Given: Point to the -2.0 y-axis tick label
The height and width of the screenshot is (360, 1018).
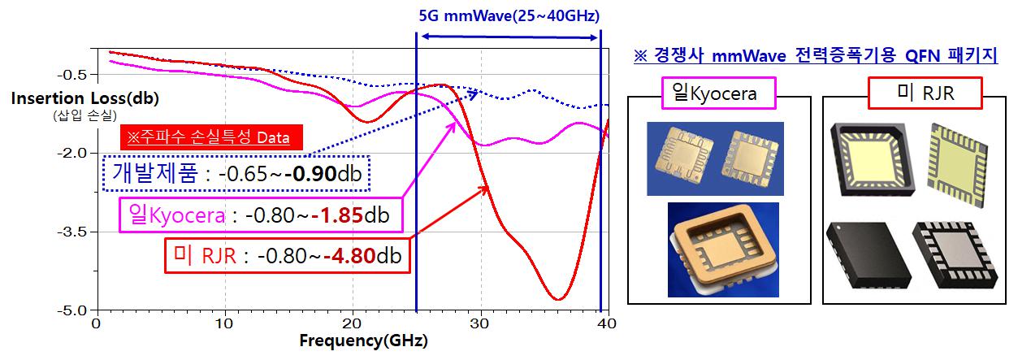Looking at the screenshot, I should click(72, 153).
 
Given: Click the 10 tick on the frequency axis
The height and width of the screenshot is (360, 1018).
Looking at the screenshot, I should click(223, 322).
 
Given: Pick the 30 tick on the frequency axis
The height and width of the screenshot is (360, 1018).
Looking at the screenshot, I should click(480, 322).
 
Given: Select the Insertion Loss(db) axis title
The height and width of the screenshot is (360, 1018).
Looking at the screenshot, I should click(85, 98).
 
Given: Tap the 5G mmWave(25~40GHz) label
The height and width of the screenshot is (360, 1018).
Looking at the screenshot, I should click(509, 15).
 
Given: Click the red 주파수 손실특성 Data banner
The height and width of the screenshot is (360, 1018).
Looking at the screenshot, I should click(210, 137).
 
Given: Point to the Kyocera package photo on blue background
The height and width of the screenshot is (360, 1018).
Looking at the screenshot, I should click(715, 158).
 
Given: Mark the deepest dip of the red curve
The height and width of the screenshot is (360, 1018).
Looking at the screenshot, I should click(557, 299).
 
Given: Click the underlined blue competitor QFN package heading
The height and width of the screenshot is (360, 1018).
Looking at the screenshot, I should click(815, 56).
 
